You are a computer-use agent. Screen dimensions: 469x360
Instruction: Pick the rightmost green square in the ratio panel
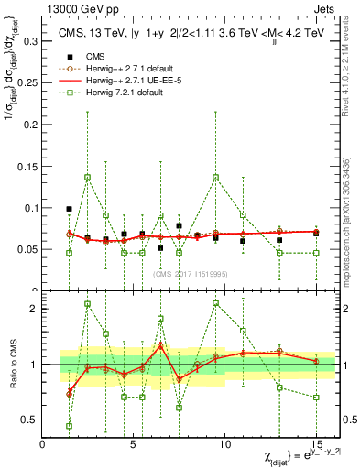point(316,398)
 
